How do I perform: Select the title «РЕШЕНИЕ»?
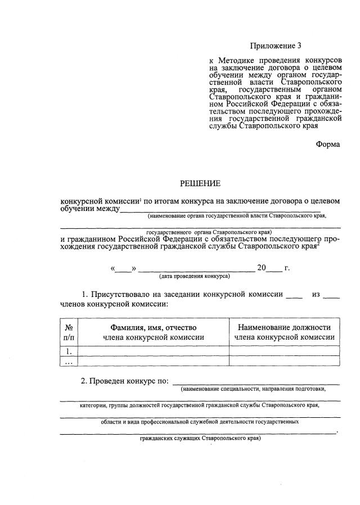click(x=200, y=183)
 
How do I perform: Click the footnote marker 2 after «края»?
click(x=318, y=244)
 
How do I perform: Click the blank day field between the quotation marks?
click(x=124, y=268)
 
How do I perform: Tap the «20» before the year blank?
click(x=262, y=268)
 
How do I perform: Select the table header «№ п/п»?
click(x=69, y=332)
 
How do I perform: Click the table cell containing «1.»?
click(x=69, y=351)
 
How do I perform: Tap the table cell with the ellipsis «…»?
click(x=69, y=362)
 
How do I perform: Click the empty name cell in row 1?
click(x=152, y=351)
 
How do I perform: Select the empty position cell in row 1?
click(x=284, y=351)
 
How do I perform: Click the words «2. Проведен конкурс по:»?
click(x=125, y=381)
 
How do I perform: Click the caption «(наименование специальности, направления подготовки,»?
click(x=253, y=389)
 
